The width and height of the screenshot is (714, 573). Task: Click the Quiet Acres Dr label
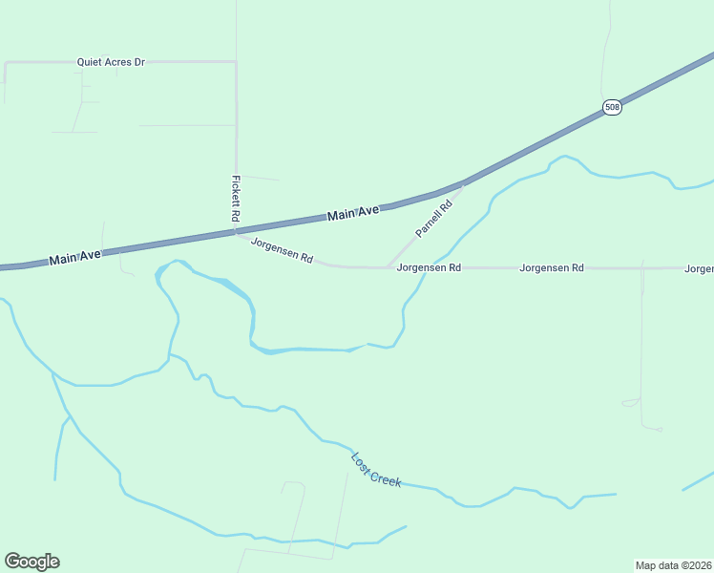point(111,62)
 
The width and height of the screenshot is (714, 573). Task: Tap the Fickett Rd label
point(235,199)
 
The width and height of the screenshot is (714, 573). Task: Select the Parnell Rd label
point(433,219)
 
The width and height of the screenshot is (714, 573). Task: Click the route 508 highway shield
point(612,107)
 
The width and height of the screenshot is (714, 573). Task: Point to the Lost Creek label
point(376,470)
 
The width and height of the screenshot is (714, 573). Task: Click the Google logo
point(31,562)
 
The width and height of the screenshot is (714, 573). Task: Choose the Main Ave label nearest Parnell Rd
point(353,215)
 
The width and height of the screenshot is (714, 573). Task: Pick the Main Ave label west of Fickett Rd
point(74,257)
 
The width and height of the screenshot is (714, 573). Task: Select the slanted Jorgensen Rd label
point(282,250)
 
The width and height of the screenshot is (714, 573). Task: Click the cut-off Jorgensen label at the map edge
point(699,269)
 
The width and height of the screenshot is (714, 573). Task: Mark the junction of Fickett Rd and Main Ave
point(236,230)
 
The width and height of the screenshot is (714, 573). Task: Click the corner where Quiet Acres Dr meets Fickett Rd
point(236,62)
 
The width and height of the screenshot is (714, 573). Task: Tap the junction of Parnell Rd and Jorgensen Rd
point(387,267)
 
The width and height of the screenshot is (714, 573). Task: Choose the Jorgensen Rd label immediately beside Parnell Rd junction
point(429,268)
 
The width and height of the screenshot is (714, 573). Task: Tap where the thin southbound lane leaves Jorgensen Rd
point(642,269)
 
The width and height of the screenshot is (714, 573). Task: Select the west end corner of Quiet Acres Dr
point(6,63)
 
